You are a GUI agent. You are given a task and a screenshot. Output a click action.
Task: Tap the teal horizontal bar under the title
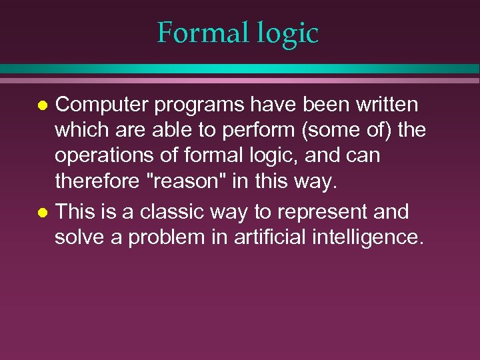tap(239, 68)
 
